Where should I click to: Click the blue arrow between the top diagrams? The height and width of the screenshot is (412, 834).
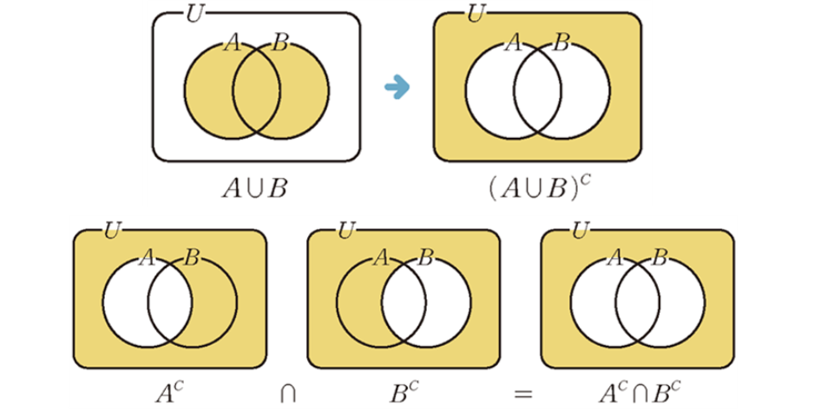[x=397, y=87]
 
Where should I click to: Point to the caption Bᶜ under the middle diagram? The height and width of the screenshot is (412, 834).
[x=403, y=391]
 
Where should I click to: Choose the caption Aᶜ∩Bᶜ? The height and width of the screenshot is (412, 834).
[x=637, y=391]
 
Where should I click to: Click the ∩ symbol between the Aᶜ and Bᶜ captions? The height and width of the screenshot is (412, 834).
[x=286, y=393]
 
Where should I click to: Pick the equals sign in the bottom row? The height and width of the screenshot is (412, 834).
[x=522, y=393]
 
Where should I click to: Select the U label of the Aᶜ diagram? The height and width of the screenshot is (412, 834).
[x=113, y=231]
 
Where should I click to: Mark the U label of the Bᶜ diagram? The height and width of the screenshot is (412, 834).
[x=347, y=231]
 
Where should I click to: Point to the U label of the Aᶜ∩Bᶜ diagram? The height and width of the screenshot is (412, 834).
[x=581, y=231]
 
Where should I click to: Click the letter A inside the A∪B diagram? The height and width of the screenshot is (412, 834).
[x=232, y=43]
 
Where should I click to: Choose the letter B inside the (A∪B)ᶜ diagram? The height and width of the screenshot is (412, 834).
[x=561, y=43]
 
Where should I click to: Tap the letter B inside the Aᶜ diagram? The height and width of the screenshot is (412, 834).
[x=193, y=258]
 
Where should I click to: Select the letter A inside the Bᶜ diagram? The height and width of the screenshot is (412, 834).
[x=380, y=258]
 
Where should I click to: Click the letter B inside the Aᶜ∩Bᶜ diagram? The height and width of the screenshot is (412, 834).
[x=660, y=258]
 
